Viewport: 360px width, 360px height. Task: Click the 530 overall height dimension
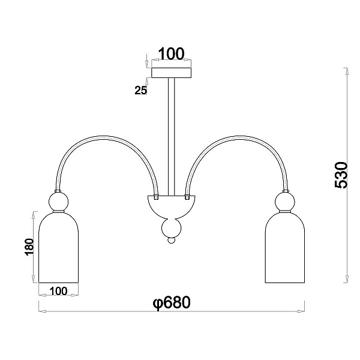click(x=341, y=175)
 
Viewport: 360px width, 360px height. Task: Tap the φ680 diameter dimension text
click(x=172, y=302)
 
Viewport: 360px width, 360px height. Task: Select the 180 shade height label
click(x=29, y=247)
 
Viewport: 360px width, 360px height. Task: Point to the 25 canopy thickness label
click(x=140, y=90)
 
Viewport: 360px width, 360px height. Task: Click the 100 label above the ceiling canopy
click(x=171, y=54)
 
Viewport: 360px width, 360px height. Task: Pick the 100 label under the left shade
click(x=59, y=291)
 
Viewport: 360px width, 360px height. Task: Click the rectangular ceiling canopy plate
click(x=171, y=73)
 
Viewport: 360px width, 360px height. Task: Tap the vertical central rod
click(x=171, y=137)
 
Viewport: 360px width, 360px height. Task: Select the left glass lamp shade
click(x=59, y=247)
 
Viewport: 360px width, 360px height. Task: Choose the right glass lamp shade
click(x=285, y=247)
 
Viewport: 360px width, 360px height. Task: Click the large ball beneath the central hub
click(x=171, y=228)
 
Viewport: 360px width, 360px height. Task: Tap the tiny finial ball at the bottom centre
click(x=171, y=241)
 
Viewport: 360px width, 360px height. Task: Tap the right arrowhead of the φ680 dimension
click(x=301, y=311)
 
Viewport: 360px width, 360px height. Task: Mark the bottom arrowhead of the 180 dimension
click(x=34, y=279)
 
